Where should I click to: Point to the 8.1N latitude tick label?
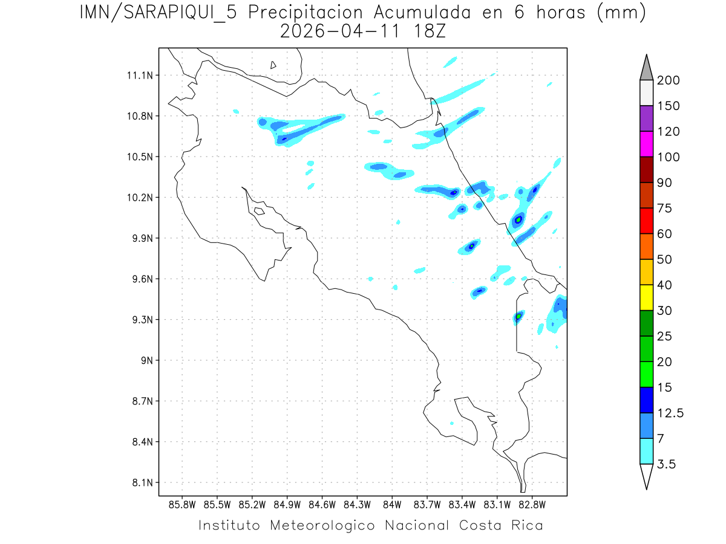(x=141, y=483)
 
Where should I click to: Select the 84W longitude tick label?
(x=392, y=504)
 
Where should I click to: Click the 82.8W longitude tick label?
(x=532, y=504)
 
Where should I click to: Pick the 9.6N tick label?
(x=141, y=279)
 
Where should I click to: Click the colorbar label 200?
(x=668, y=80)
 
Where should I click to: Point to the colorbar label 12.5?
(x=670, y=413)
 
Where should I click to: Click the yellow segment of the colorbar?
(x=646, y=297)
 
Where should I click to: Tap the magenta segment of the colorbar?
(x=646, y=144)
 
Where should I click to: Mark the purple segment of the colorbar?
(x=646, y=118)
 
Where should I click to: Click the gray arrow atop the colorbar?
(x=646, y=68)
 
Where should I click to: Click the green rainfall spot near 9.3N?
(x=518, y=316)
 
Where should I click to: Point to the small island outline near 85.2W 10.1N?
(x=259, y=211)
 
